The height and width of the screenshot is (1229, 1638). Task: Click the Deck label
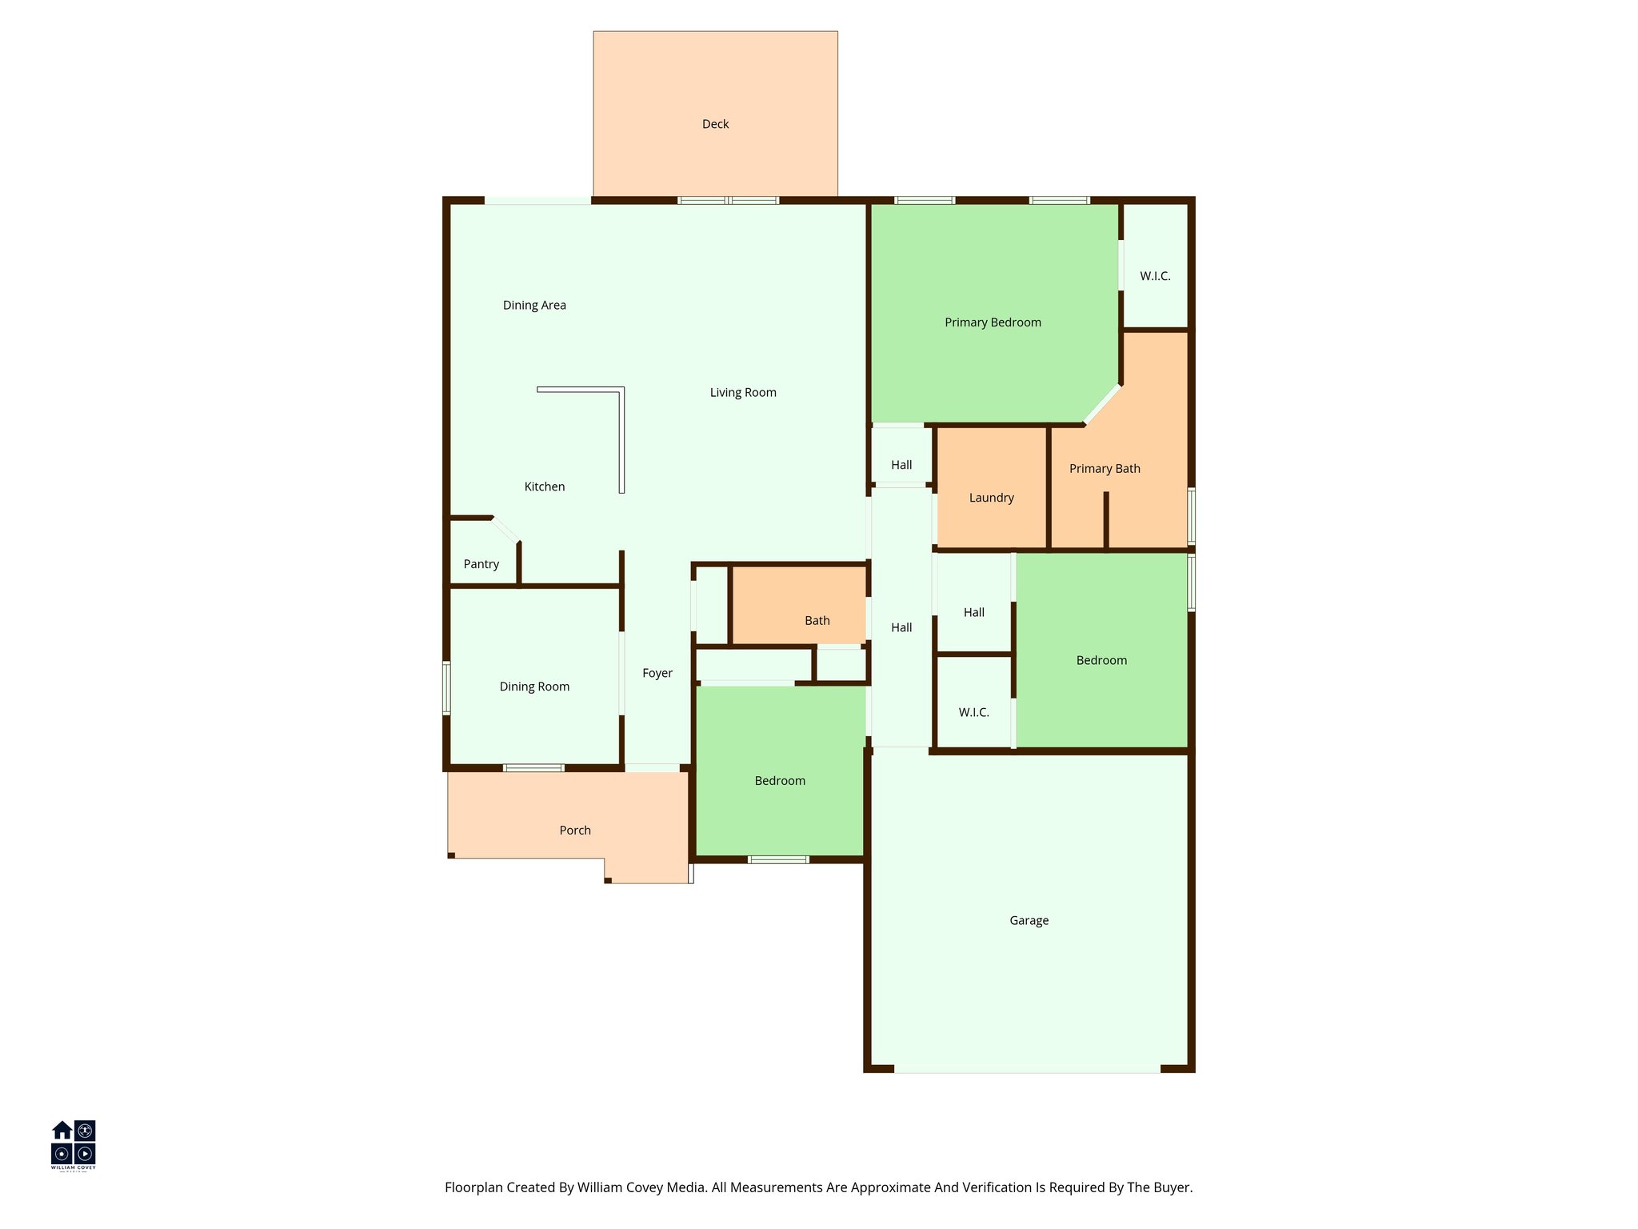tap(715, 124)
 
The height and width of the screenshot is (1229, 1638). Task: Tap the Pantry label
tap(481, 564)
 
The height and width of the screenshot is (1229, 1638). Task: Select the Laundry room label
tap(991, 498)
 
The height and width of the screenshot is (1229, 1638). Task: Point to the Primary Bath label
tap(1105, 469)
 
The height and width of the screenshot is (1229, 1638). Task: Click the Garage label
tap(1029, 920)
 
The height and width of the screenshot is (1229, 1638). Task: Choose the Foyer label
tap(657, 673)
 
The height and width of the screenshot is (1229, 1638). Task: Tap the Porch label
tap(574, 831)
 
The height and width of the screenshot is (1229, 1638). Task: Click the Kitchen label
tap(544, 486)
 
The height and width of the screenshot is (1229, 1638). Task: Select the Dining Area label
tap(534, 305)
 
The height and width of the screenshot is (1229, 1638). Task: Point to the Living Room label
tap(743, 392)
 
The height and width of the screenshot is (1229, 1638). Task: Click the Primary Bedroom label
tap(993, 322)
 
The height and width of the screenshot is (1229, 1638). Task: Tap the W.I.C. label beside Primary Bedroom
tap(1155, 276)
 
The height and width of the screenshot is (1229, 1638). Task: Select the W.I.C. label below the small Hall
tap(973, 712)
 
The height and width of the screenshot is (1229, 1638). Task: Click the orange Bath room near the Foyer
tap(817, 620)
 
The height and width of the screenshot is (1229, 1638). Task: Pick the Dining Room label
tap(534, 687)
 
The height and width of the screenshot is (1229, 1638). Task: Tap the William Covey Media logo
tap(74, 1144)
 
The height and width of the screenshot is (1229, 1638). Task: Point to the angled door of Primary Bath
tap(1101, 405)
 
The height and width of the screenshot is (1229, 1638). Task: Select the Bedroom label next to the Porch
tap(780, 781)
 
